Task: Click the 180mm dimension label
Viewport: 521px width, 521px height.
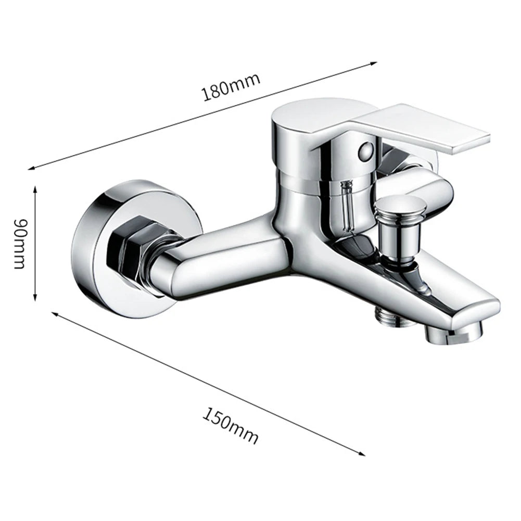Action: [x=231, y=87]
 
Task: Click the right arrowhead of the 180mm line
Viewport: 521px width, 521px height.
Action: [x=373, y=63]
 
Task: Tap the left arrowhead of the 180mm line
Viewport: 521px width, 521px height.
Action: [x=31, y=168]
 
